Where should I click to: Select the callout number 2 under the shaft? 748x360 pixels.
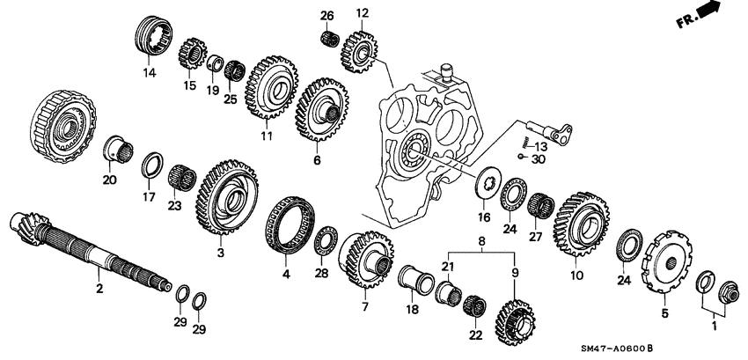coord(99,287)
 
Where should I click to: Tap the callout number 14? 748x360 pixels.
coord(149,74)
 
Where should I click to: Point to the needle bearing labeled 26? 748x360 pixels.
coord(330,39)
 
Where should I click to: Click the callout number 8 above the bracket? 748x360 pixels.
coord(481,239)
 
